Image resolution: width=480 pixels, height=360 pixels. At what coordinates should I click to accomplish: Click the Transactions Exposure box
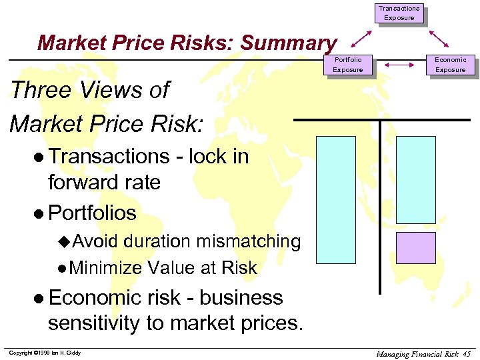(x=399, y=13)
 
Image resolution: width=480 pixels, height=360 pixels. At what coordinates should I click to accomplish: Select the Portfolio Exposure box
(x=347, y=65)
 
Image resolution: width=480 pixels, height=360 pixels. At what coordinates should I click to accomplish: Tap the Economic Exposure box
(x=450, y=65)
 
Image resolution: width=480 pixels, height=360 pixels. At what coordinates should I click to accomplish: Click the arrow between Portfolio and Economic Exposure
(x=399, y=65)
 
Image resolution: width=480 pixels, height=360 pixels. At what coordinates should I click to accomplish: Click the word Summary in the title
(x=288, y=43)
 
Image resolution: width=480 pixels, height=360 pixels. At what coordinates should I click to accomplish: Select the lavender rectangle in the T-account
(x=415, y=248)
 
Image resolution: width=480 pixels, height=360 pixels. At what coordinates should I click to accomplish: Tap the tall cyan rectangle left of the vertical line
(x=335, y=199)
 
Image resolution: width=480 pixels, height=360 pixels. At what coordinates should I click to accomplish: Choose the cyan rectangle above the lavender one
(x=415, y=180)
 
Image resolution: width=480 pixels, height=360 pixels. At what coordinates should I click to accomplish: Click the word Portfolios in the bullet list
(x=92, y=213)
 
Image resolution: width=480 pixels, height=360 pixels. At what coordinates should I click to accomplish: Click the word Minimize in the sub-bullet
(x=105, y=268)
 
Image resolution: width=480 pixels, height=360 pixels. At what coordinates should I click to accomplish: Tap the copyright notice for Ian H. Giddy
(x=45, y=353)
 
